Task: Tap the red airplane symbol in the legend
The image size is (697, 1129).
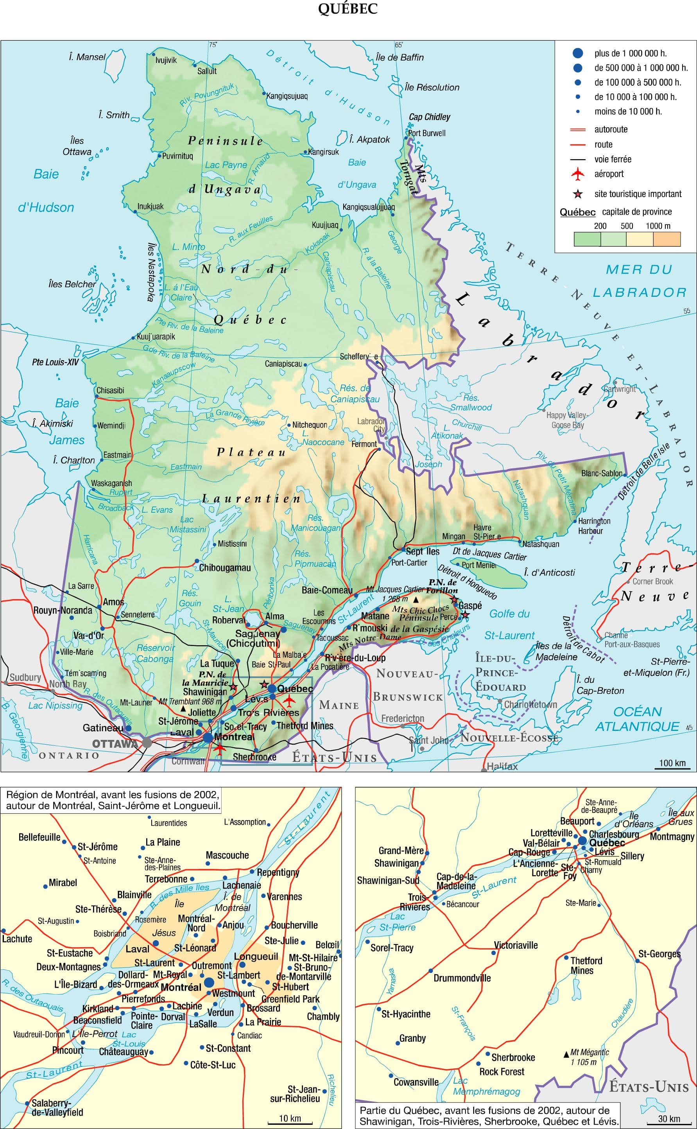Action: click(x=577, y=174)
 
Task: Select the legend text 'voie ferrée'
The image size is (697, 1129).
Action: click(x=613, y=159)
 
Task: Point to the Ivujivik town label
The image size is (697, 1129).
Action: click(x=166, y=60)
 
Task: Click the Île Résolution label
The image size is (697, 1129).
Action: click(x=432, y=87)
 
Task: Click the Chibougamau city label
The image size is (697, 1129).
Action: click(x=224, y=567)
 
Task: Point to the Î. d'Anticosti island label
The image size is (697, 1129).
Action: click(x=550, y=572)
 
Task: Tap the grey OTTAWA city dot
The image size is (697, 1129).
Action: click(x=147, y=742)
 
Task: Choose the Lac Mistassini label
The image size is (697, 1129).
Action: click(x=187, y=525)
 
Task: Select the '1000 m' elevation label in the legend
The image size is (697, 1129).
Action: click(x=658, y=226)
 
